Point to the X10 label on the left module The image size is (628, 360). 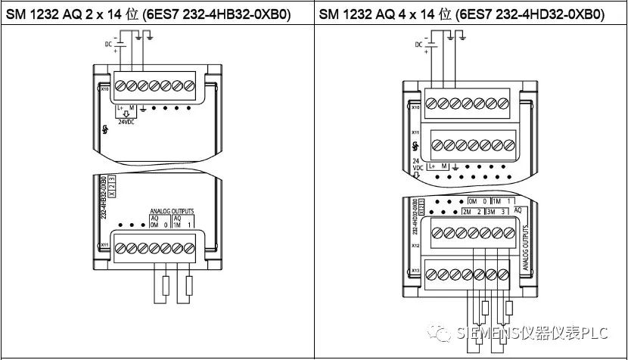click(x=105, y=88)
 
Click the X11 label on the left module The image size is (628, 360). click(x=104, y=244)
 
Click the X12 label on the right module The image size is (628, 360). click(x=415, y=246)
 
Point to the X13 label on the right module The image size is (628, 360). click(x=415, y=270)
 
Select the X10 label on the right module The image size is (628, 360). click(x=415, y=107)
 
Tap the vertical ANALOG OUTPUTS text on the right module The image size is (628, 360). click(x=524, y=247)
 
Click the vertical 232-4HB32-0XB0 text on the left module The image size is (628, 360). click(x=103, y=199)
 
